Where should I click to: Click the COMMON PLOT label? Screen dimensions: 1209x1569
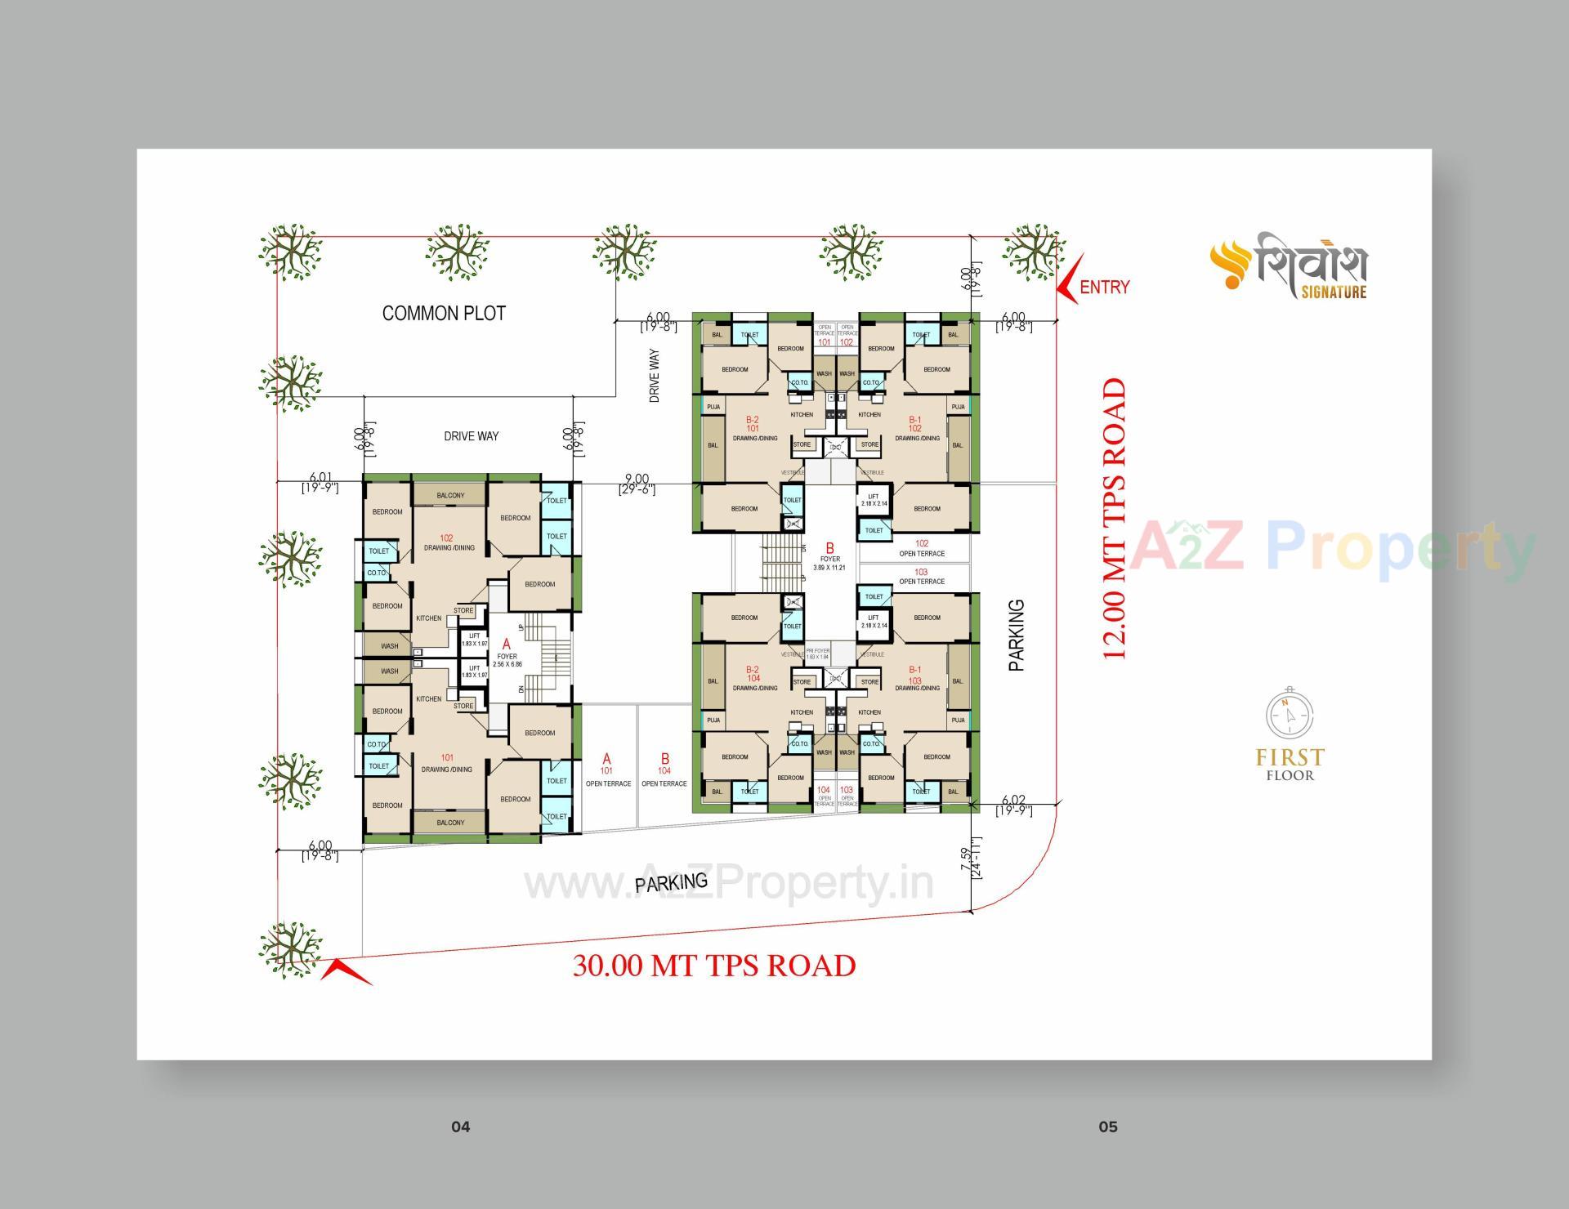444,313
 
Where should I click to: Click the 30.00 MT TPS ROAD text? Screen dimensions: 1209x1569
713,966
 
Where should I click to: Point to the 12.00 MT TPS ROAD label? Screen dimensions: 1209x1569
1115,519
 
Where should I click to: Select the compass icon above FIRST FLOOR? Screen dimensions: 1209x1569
1290,714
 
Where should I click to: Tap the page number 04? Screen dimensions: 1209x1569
461,1126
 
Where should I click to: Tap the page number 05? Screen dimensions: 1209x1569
1107,1126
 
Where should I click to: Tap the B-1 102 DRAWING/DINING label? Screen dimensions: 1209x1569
916,429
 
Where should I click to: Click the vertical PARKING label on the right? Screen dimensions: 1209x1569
1016,636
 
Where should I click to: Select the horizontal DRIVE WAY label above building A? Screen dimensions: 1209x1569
471,436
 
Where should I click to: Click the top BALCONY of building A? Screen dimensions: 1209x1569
450,495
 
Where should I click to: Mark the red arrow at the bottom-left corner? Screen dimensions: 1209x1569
346,971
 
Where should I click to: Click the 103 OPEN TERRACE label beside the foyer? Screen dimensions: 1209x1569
921,577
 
